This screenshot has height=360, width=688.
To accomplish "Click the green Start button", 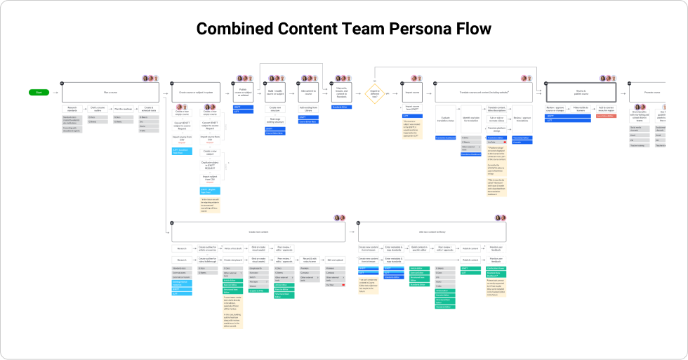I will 38,92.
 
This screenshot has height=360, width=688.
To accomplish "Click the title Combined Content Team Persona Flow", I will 343,28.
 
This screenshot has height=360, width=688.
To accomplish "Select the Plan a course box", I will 111,92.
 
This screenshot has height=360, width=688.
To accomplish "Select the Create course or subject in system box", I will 197,92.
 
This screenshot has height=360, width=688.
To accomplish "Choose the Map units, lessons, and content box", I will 341,92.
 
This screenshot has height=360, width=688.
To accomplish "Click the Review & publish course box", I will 581,92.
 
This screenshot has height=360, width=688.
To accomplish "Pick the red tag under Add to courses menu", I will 606,116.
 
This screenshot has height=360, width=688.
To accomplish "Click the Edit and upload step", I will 334,260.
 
